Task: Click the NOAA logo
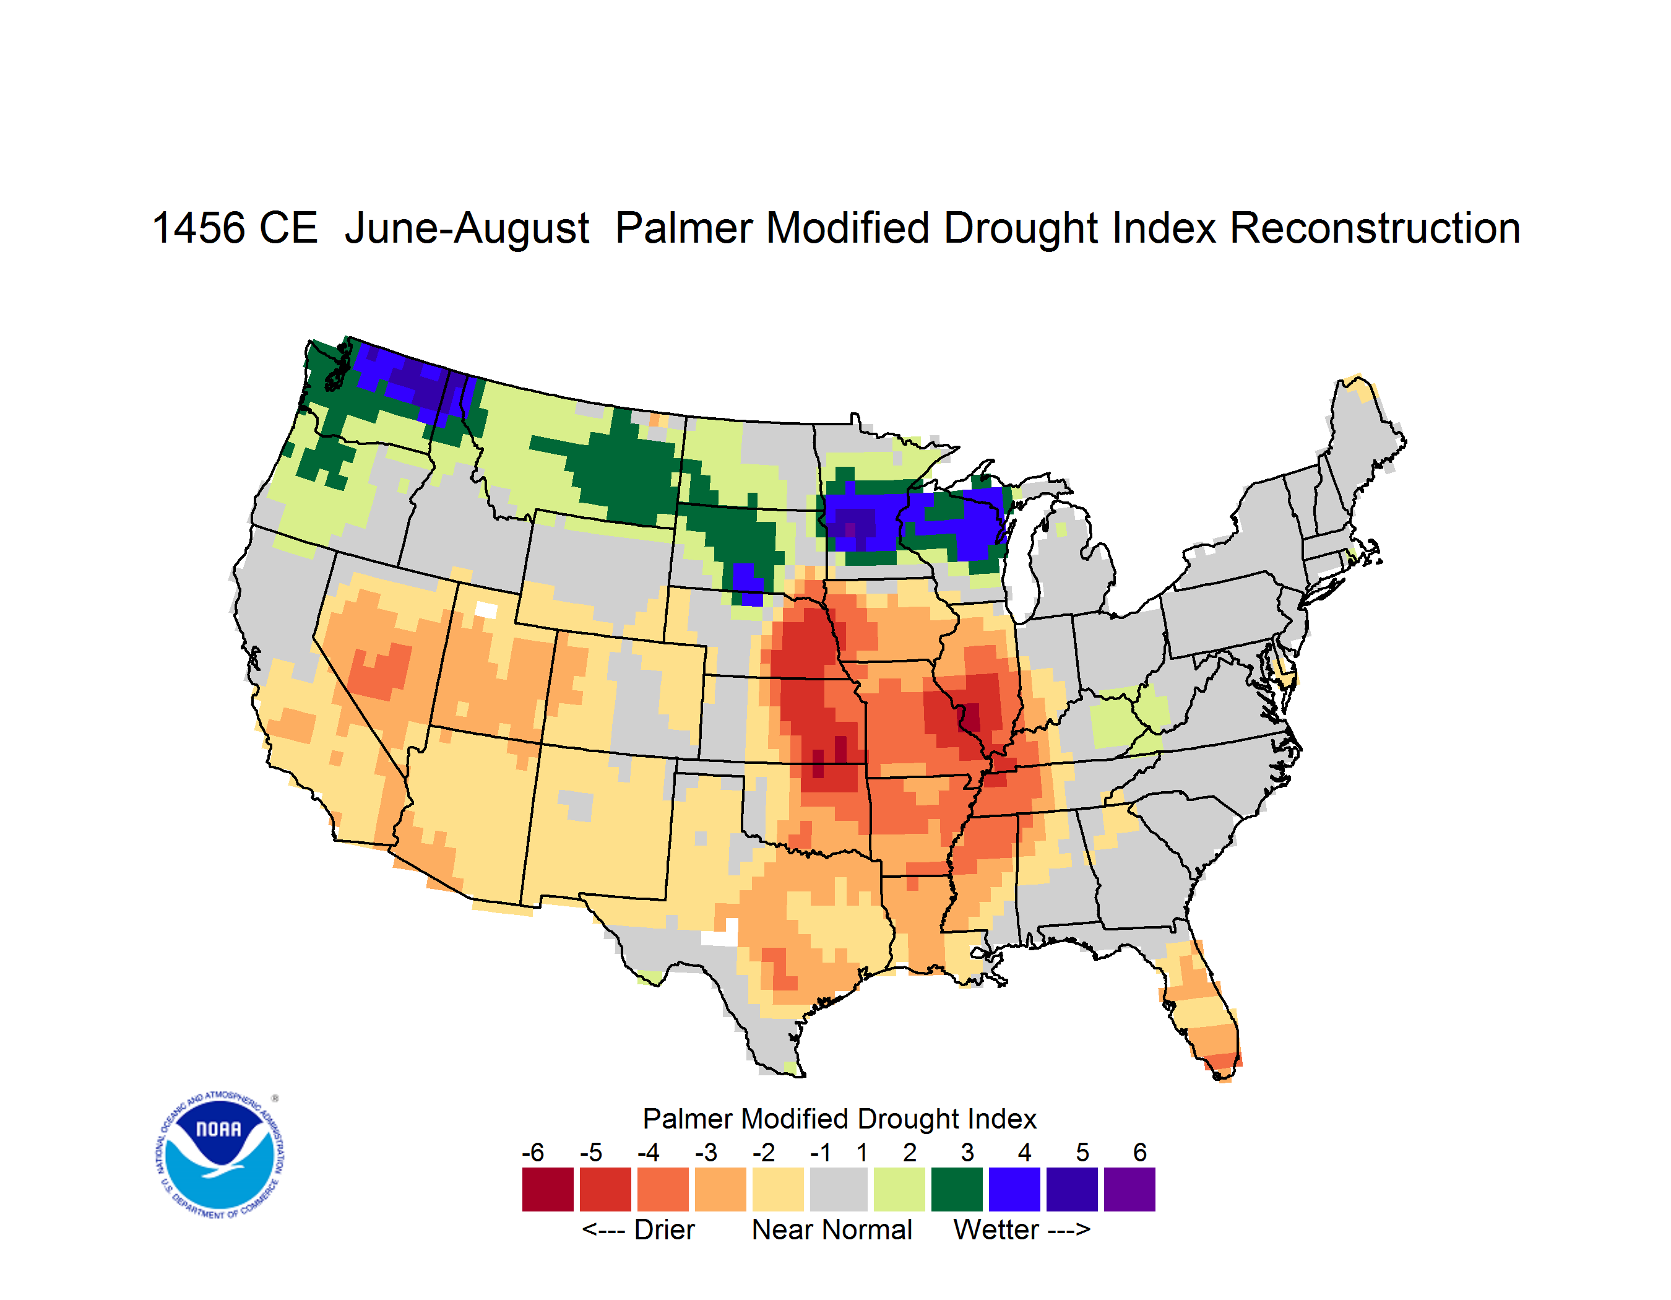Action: pyautogui.click(x=220, y=1155)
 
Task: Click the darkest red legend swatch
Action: pyautogui.click(x=548, y=1189)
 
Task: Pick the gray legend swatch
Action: pyautogui.click(x=839, y=1189)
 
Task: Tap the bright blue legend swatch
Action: pyautogui.click(x=1014, y=1189)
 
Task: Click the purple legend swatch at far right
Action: pyautogui.click(x=1129, y=1189)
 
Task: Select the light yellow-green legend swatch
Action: pyautogui.click(x=899, y=1189)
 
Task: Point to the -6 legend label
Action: pyautogui.click(x=533, y=1152)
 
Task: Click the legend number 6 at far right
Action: pyautogui.click(x=1140, y=1152)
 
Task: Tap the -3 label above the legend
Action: pyautogui.click(x=706, y=1152)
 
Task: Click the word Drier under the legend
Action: pyautogui.click(x=664, y=1229)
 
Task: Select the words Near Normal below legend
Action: pyautogui.click(x=832, y=1229)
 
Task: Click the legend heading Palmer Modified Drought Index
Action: pyautogui.click(x=839, y=1119)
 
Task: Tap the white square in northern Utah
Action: pyautogui.click(x=486, y=610)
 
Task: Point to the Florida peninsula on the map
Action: pyautogui.click(x=1201, y=1010)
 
